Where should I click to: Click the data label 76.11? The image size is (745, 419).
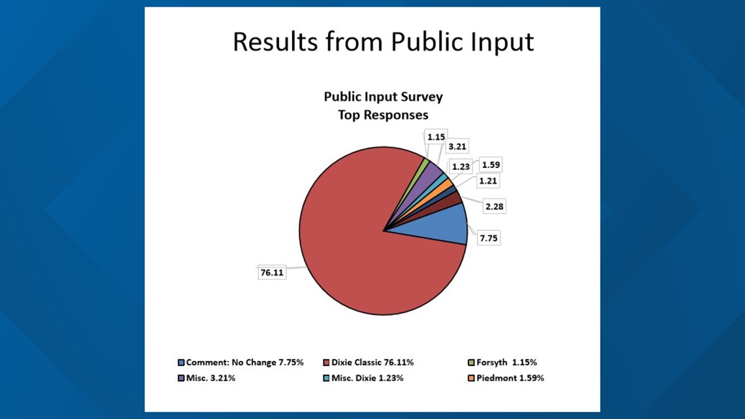[272, 272]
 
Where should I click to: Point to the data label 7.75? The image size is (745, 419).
[488, 238]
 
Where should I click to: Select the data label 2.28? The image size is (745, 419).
[494, 206]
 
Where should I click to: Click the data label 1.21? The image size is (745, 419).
[488, 180]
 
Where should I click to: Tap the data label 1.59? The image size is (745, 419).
[491, 165]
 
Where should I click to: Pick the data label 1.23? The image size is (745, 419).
[461, 167]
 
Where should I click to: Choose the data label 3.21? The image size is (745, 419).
[457, 146]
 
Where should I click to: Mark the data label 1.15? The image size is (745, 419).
[436, 137]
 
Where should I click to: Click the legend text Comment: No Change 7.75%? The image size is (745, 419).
[244, 363]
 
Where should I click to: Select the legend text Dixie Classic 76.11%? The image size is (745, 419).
[372, 363]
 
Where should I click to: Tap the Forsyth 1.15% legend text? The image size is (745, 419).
[506, 363]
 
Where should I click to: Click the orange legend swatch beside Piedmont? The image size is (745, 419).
[471, 378]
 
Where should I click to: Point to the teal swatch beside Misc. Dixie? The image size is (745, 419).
[326, 378]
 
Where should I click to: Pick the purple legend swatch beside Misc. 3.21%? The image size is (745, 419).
[181, 378]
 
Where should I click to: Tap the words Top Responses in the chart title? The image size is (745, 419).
[383, 115]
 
